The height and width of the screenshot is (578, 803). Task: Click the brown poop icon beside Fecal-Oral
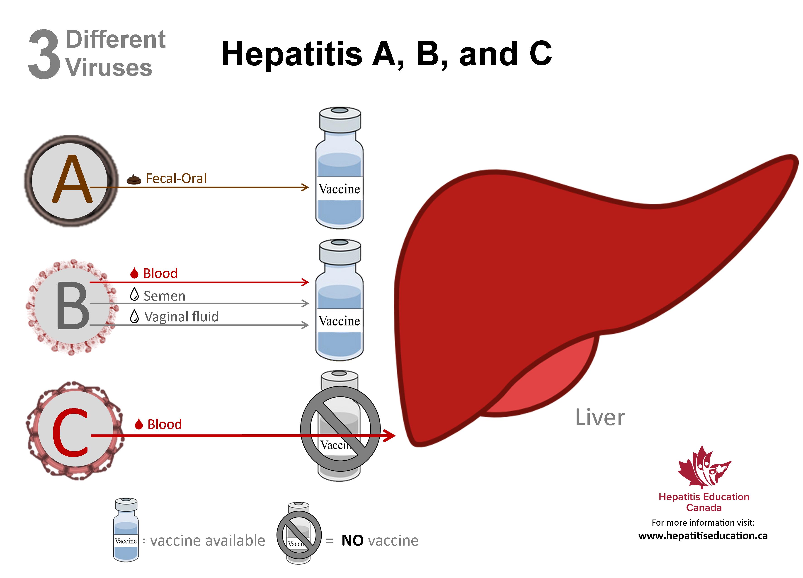[x=134, y=180]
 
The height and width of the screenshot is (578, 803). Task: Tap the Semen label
[x=164, y=296]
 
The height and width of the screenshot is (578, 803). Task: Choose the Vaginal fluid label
[x=181, y=317]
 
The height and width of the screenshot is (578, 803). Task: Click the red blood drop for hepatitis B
[x=134, y=273]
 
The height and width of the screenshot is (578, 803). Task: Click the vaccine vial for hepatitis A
[x=340, y=168]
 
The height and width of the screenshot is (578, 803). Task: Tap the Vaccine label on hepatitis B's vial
[x=340, y=321]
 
